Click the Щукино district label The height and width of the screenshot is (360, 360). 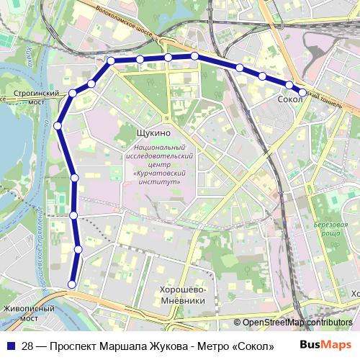click(x=153, y=133)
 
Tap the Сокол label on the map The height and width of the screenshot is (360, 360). click(x=289, y=99)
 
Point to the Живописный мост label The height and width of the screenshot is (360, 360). click(x=29, y=313)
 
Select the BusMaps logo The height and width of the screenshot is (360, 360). click(x=325, y=345)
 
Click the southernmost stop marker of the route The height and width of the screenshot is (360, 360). click(x=72, y=284)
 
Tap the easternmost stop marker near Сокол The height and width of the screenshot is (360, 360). click(x=302, y=91)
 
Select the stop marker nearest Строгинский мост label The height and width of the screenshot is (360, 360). click(x=73, y=93)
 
